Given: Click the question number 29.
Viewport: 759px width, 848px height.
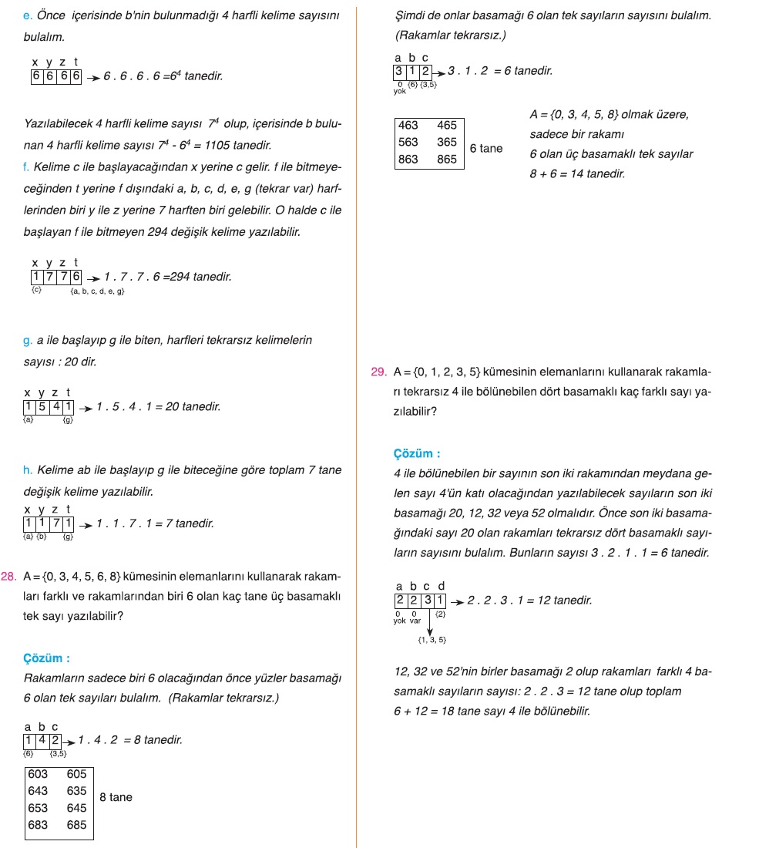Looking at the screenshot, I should pos(378,372).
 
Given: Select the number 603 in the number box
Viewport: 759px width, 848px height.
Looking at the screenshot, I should pos(38,773).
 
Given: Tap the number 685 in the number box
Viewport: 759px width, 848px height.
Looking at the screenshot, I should pos(76,824).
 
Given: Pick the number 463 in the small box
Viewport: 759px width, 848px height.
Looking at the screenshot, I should pos(408,125).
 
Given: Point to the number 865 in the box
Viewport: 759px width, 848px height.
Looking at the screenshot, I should pos(447,159).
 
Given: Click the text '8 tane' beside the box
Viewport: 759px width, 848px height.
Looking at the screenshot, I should pos(116,797).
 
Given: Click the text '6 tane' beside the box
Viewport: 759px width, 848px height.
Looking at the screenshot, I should pos(485,148).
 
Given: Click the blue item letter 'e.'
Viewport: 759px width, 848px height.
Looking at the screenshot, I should pos(28,15).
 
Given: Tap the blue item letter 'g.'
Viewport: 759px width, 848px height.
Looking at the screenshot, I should pos(29,340).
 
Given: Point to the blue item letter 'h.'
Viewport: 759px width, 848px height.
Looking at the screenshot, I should pos(29,469).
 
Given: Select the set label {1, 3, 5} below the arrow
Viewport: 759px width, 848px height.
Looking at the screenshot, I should pos(432,640).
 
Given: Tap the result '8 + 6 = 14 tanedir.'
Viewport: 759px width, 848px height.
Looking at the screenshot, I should pos(577,173).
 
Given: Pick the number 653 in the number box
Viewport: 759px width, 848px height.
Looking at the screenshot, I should pos(38,807).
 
